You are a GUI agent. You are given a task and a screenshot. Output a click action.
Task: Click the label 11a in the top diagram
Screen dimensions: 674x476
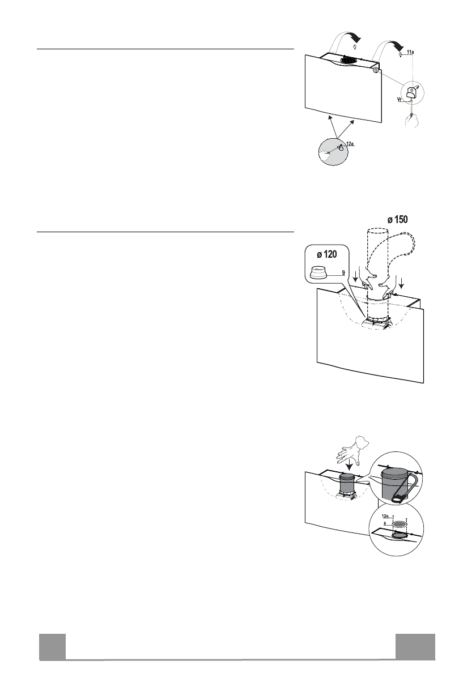coord(411,52)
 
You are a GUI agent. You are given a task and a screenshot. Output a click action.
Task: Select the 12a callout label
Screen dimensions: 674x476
coord(350,144)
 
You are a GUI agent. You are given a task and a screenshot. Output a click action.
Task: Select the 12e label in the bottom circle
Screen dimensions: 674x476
coord(386,516)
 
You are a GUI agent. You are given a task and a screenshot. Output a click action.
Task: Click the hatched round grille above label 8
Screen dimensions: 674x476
coord(400,524)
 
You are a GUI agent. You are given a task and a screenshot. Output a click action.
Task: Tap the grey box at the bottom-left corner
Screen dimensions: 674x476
coord(52,647)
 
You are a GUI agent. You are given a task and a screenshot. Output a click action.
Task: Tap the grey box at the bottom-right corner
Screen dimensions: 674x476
coord(415,647)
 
